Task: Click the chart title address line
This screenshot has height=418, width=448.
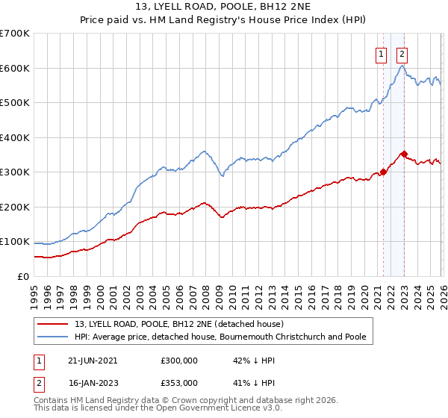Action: [224, 7]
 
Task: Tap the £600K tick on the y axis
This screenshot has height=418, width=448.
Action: [15, 68]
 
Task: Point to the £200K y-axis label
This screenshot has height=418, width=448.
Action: [15, 207]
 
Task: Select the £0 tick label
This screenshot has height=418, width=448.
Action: [24, 276]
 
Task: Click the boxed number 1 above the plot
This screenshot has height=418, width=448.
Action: [381, 54]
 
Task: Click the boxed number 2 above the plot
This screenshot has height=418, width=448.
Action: [402, 54]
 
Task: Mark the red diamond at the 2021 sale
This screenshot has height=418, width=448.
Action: [383, 172]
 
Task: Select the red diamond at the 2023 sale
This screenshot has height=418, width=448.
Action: [404, 154]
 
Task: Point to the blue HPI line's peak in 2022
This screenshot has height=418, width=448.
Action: [402, 66]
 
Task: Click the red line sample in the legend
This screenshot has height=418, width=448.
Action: [52, 325]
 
